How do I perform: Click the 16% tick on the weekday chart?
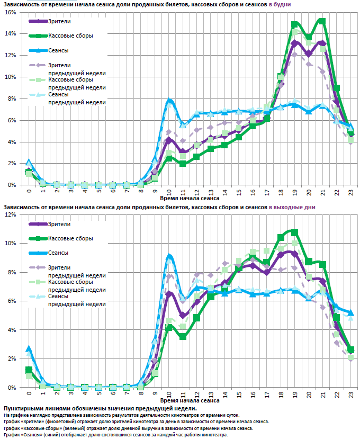11,12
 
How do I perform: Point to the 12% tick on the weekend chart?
11,214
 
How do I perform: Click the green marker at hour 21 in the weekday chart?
322,21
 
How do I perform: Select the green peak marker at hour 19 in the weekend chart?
294,232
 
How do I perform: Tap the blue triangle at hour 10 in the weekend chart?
169,257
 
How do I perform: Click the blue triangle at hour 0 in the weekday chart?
29,162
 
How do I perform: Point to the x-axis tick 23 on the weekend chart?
351,395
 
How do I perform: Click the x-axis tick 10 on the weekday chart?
169,192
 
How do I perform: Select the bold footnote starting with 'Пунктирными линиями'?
100,408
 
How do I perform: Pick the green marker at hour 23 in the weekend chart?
350,350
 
